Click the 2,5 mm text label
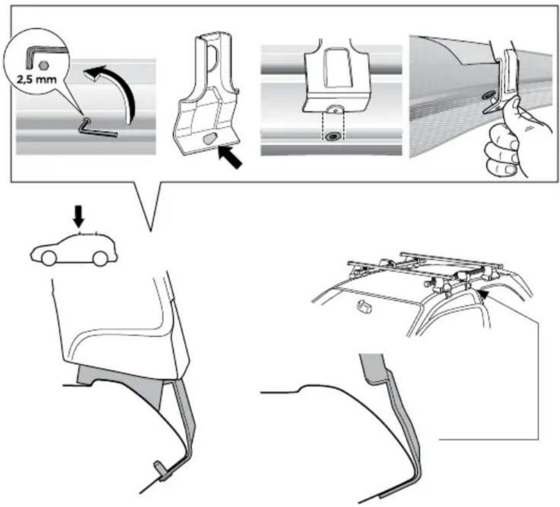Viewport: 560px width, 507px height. pyautogui.click(x=36, y=79)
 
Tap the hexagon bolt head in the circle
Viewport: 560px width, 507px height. pyautogui.click(x=43, y=65)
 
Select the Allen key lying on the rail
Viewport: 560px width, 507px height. pyautogui.click(x=98, y=129)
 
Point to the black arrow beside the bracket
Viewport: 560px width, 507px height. pyautogui.click(x=230, y=157)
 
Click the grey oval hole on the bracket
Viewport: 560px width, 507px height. pyautogui.click(x=209, y=139)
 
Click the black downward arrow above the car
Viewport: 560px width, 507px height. pyautogui.click(x=79, y=216)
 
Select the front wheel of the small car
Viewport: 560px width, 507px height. pyautogui.click(x=48, y=258)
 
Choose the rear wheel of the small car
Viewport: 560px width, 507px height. pyautogui.click(x=100, y=258)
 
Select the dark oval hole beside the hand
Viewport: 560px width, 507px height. pyautogui.click(x=488, y=96)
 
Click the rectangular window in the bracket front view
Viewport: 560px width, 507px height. pyautogui.click(x=335, y=68)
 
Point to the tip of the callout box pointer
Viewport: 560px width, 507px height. pyautogui.click(x=151, y=231)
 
